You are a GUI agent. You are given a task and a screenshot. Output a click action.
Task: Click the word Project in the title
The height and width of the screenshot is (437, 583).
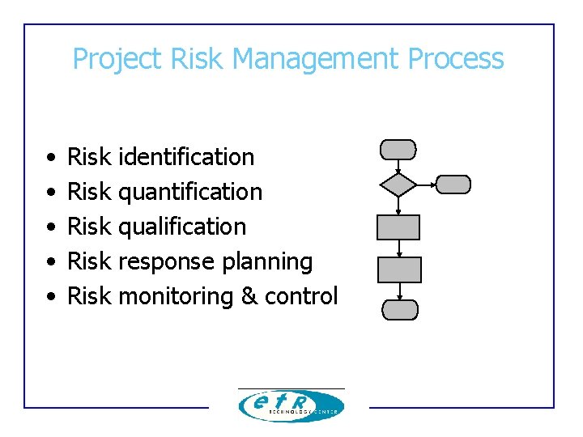(x=118, y=59)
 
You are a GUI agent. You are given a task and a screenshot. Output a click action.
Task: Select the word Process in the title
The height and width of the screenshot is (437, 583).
(x=456, y=59)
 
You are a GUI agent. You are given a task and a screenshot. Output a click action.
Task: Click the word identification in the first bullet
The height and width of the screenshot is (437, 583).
(x=186, y=157)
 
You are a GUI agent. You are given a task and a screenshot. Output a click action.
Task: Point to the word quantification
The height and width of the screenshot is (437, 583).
(x=190, y=192)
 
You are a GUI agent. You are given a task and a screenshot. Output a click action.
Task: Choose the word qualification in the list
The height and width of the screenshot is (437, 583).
(x=182, y=227)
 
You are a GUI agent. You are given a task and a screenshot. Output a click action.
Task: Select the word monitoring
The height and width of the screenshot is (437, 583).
(x=176, y=297)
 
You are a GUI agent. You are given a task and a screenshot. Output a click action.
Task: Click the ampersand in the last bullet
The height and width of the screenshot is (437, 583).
(x=249, y=297)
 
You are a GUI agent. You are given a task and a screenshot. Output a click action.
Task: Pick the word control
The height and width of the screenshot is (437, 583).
(x=301, y=297)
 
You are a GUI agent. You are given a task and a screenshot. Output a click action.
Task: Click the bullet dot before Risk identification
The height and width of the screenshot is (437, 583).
(x=50, y=158)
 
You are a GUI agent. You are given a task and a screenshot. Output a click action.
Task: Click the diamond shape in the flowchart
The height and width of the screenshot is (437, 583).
(x=398, y=185)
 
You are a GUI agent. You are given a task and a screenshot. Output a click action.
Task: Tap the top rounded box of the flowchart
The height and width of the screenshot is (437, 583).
(x=398, y=150)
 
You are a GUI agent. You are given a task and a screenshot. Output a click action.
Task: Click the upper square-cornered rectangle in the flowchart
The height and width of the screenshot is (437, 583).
(x=398, y=227)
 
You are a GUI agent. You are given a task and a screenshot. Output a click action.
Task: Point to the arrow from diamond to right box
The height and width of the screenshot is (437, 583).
(x=426, y=185)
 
